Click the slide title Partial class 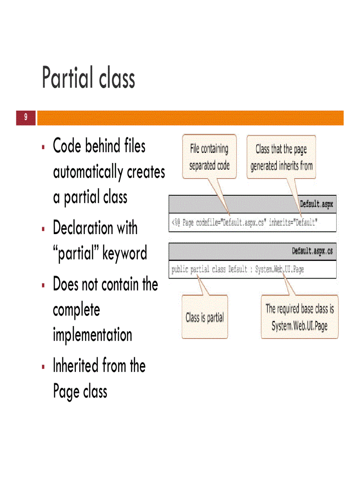click(x=88, y=78)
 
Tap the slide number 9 click(x=26, y=118)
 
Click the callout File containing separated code click(x=209, y=157)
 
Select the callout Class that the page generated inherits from click(x=281, y=157)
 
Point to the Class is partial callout click(x=205, y=317)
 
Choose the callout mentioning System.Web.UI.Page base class click(x=300, y=317)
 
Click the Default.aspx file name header click(x=316, y=204)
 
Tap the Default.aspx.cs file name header click(x=312, y=251)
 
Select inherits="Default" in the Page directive click(x=293, y=223)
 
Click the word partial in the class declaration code click(x=200, y=269)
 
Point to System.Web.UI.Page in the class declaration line click(x=279, y=269)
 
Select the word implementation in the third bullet click(x=92, y=335)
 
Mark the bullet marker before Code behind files click(x=43, y=147)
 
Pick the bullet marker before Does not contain click(x=43, y=285)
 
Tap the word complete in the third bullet click(x=76, y=310)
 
